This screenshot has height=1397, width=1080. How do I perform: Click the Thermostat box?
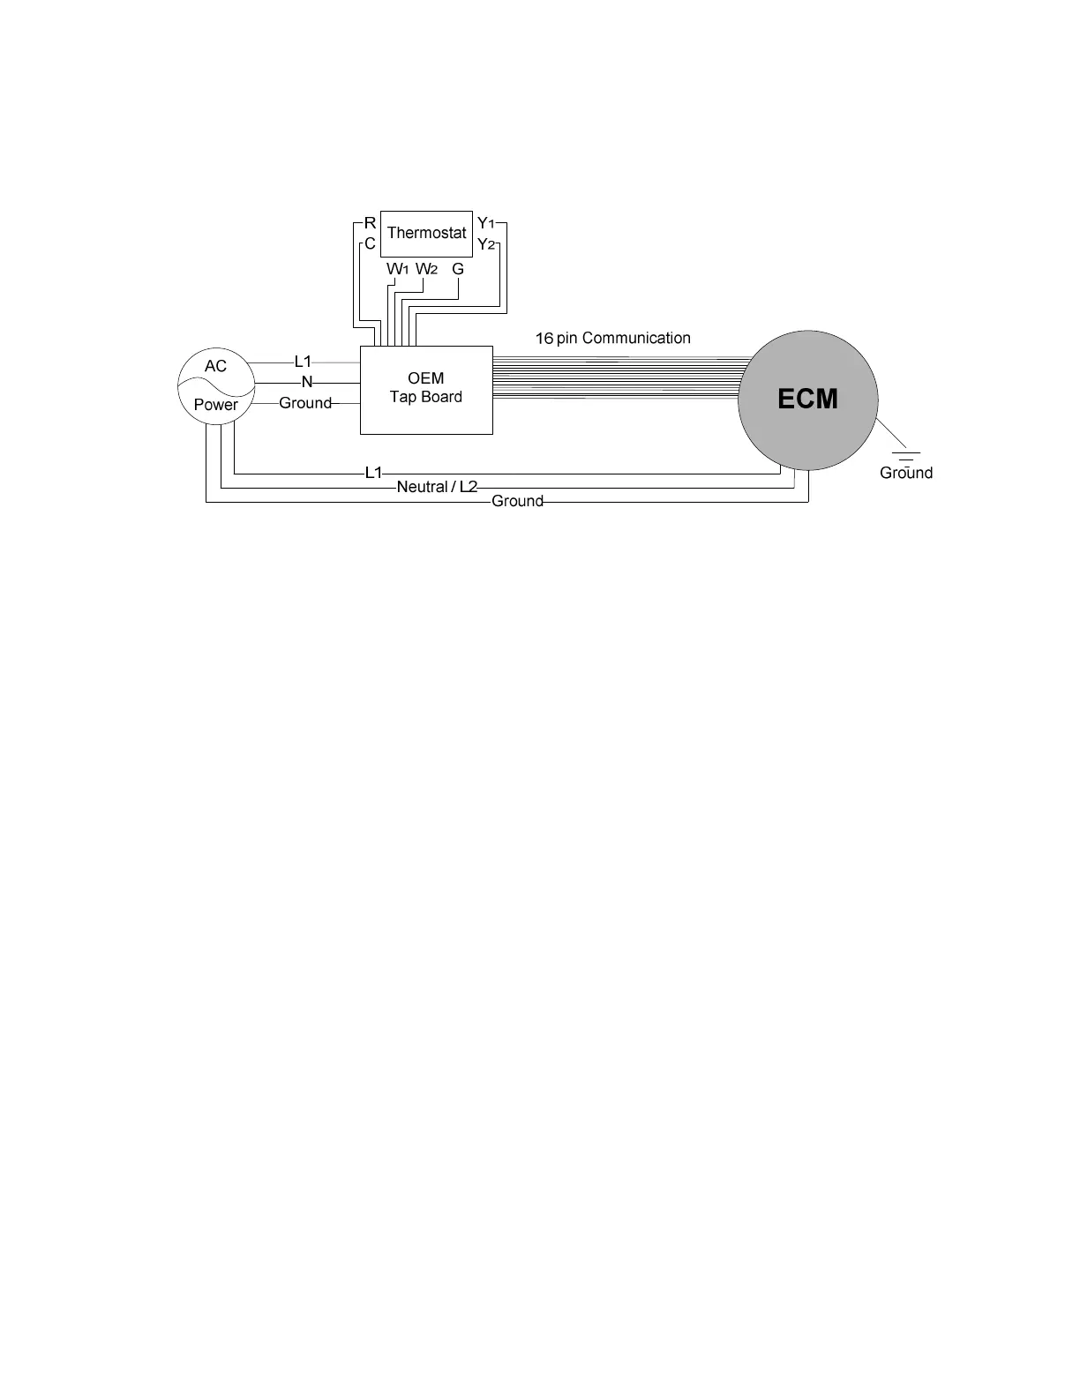click(x=426, y=233)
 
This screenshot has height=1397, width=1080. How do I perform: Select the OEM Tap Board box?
click(x=426, y=389)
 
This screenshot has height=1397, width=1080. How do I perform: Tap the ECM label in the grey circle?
click(x=807, y=400)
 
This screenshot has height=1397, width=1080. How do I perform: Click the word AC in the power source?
click(x=215, y=366)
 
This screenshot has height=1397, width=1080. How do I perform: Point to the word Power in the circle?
click(x=216, y=405)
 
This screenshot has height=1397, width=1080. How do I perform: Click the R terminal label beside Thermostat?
click(x=371, y=223)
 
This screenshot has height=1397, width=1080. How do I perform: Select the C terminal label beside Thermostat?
click(x=371, y=243)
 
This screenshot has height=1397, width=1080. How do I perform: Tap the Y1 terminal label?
click(x=485, y=223)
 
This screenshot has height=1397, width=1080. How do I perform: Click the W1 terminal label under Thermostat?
click(x=397, y=269)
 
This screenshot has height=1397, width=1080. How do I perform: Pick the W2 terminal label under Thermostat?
click(x=426, y=269)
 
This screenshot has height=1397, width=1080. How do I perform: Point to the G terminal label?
click(x=458, y=269)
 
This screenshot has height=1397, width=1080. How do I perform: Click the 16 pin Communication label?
click(x=612, y=338)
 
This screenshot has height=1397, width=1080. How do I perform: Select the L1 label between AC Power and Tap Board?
click(x=303, y=362)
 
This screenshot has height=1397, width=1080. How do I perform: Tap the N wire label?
click(x=307, y=383)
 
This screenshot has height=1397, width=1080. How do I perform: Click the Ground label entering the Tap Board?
click(x=305, y=403)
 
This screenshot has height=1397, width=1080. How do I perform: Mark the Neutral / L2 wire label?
click(x=437, y=487)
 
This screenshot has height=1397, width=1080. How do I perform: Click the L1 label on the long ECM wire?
click(x=373, y=473)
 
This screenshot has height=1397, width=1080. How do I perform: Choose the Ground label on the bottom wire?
click(x=517, y=501)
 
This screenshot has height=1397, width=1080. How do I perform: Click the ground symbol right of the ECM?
click(x=905, y=456)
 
